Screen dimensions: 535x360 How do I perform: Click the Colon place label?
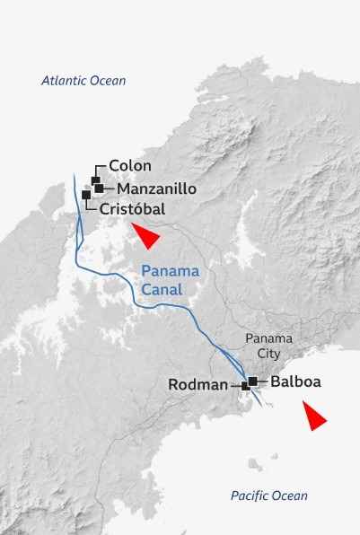pyautogui.click(x=130, y=166)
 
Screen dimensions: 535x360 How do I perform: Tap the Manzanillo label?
pyautogui.click(x=156, y=189)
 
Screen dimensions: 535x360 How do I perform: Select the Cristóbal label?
pyautogui.click(x=133, y=208)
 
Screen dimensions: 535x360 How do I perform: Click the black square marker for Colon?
pyautogui.click(x=95, y=180)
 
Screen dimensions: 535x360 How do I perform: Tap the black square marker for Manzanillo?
pyautogui.click(x=99, y=189)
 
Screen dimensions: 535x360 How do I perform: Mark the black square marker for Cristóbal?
pyautogui.click(x=86, y=195)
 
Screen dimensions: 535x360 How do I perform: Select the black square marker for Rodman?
pyautogui.click(x=245, y=385)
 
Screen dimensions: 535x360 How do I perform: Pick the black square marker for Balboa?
pyautogui.click(x=253, y=382)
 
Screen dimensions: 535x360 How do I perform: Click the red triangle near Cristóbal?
pyautogui.click(x=145, y=236)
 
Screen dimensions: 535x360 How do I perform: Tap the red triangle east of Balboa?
pyautogui.click(x=313, y=417)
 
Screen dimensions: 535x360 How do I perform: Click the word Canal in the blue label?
pyautogui.click(x=162, y=290)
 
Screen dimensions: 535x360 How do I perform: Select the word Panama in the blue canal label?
pyautogui.click(x=171, y=272)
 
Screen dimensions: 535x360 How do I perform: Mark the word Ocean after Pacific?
pyautogui.click(x=290, y=496)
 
